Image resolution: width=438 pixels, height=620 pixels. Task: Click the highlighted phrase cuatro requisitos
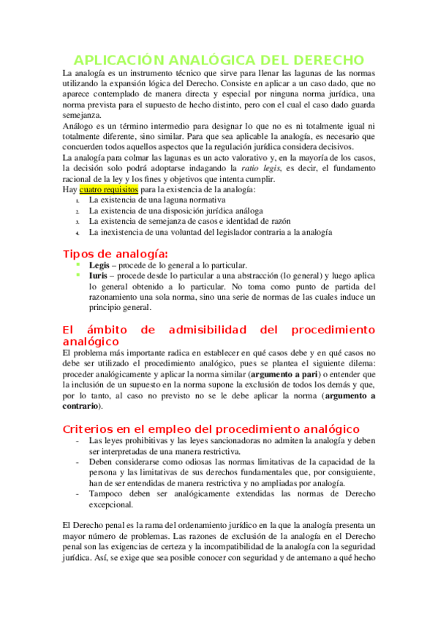108,189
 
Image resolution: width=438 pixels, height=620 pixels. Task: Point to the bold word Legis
99,265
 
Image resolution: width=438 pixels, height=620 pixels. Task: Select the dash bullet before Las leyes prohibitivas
78,442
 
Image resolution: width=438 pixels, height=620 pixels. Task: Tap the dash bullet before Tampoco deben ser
78,494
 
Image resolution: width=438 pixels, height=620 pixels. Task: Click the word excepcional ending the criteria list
112,504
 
